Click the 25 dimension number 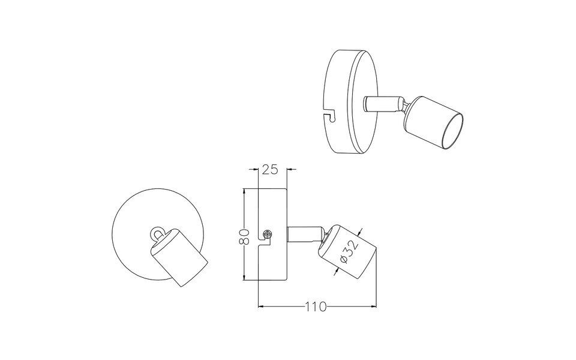270,170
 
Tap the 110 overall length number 314,307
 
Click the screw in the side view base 268,233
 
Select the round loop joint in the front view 158,232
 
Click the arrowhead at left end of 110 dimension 260,307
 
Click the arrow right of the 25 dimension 291,170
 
